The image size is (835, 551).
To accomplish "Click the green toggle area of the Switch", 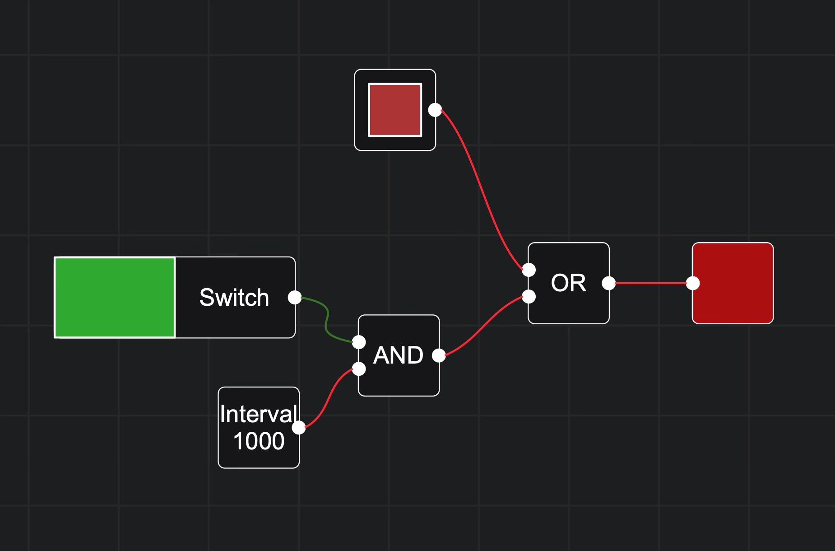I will [x=115, y=297].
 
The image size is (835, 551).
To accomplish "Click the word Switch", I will [x=234, y=298].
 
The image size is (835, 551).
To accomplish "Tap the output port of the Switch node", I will [x=295, y=297].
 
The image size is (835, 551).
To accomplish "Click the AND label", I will [x=398, y=355].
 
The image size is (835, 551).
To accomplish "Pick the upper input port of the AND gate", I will [x=359, y=342].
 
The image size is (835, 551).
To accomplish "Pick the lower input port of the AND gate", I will [x=359, y=369].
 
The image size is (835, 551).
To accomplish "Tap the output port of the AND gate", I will [x=439, y=355].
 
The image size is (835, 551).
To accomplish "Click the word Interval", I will [x=258, y=414].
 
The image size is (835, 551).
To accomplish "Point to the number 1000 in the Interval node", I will [x=259, y=441].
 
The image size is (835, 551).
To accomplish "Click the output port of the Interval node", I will [x=299, y=427].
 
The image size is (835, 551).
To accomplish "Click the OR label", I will [x=568, y=283].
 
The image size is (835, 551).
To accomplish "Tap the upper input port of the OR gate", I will [x=529, y=270].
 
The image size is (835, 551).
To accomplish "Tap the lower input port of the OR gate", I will [x=529, y=297].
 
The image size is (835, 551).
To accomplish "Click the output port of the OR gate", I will [x=608, y=283].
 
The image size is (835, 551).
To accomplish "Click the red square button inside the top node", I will [x=395, y=110].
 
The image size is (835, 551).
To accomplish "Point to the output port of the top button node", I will [x=435, y=110].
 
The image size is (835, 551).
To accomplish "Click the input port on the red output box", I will [x=693, y=283].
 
